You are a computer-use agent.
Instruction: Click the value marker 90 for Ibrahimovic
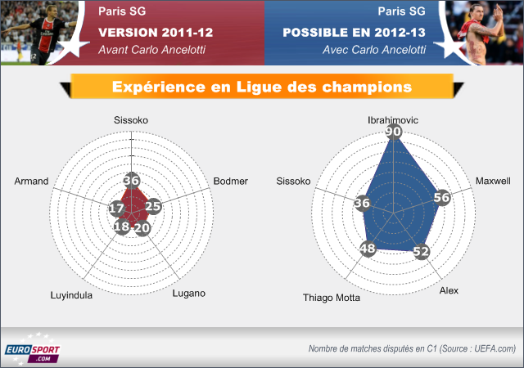pos(393,131)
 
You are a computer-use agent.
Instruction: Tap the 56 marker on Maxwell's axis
pos(442,197)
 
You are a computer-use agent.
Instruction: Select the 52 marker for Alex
pos(421,251)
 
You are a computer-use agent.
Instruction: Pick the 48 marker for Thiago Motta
pos(368,249)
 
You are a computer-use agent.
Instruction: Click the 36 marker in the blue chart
pos(362,203)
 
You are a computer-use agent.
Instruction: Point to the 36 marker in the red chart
pos(131,181)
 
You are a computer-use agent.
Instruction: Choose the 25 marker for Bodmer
pos(153,206)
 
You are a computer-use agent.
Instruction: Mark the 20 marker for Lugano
pos(142,227)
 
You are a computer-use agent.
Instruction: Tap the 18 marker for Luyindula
pos(122,227)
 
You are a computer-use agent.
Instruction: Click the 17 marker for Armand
pos(117,209)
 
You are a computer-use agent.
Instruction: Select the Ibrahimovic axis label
pos(393,120)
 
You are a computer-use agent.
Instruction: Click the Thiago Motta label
pos(332,298)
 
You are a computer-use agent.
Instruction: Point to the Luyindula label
pos(71,295)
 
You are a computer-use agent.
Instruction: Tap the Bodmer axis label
pos(231,181)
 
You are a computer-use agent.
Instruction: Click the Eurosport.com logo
pos(33,348)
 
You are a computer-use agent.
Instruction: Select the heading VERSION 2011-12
pos(156,33)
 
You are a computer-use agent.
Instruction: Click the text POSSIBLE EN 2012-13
pos(355,33)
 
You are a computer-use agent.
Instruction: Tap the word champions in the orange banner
pos(367,88)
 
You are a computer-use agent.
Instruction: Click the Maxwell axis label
pos(493,181)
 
